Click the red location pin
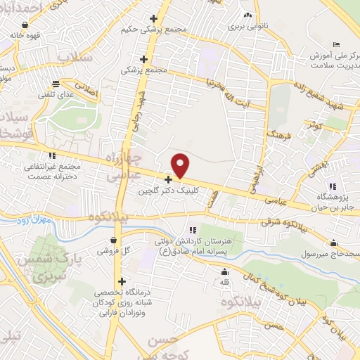pyautogui.click(x=181, y=166)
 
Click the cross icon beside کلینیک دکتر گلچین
pyautogui.click(x=168, y=180)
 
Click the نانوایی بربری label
pyautogui.click(x=247, y=26)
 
